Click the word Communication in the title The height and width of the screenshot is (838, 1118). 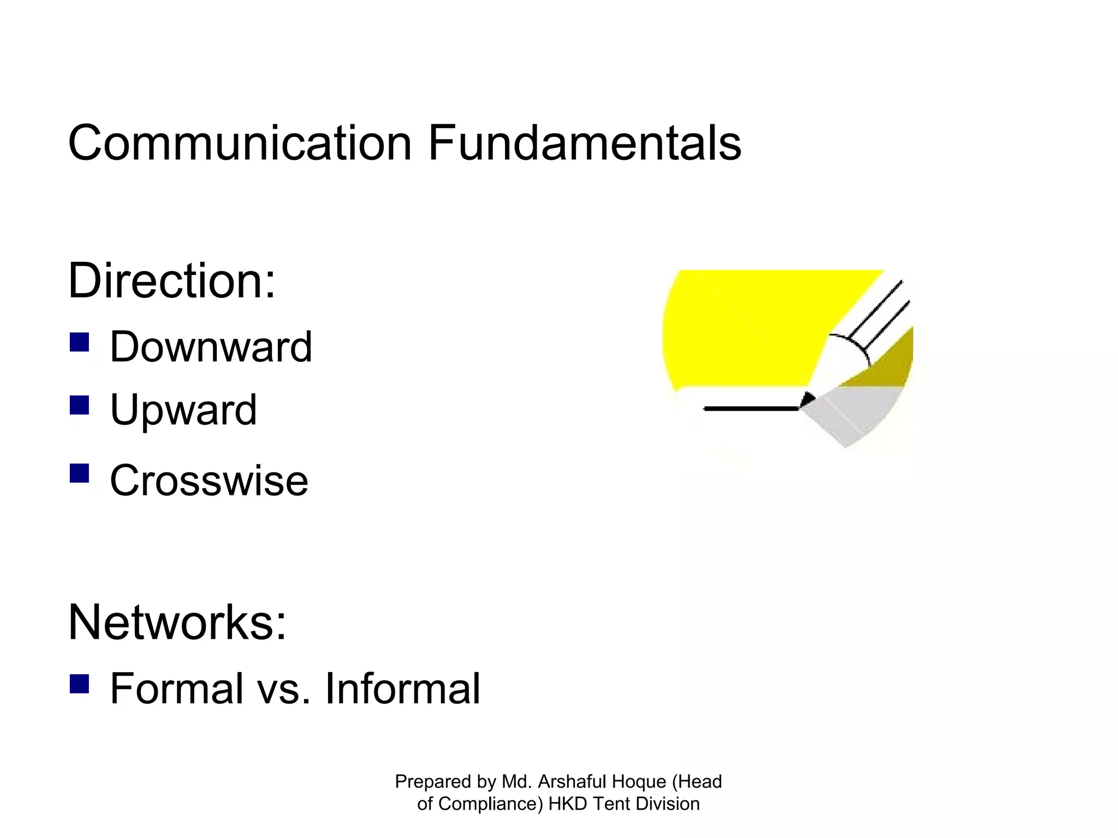(239, 143)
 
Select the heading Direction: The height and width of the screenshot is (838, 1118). (171, 281)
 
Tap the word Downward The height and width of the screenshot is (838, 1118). (211, 347)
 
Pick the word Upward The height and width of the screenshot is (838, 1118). (183, 410)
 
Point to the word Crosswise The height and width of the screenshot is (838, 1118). (209, 481)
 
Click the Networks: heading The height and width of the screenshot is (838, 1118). (177, 622)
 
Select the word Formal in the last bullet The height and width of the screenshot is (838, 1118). (176, 689)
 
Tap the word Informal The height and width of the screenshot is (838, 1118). (402, 689)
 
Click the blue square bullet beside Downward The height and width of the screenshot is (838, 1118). (80, 342)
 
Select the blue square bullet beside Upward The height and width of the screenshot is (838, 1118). (80, 405)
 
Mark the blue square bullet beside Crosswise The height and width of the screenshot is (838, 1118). (80, 473)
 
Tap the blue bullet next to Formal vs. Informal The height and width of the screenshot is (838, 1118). (80, 683)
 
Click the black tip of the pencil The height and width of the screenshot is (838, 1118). (807, 400)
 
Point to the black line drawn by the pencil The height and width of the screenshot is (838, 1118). (751, 408)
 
